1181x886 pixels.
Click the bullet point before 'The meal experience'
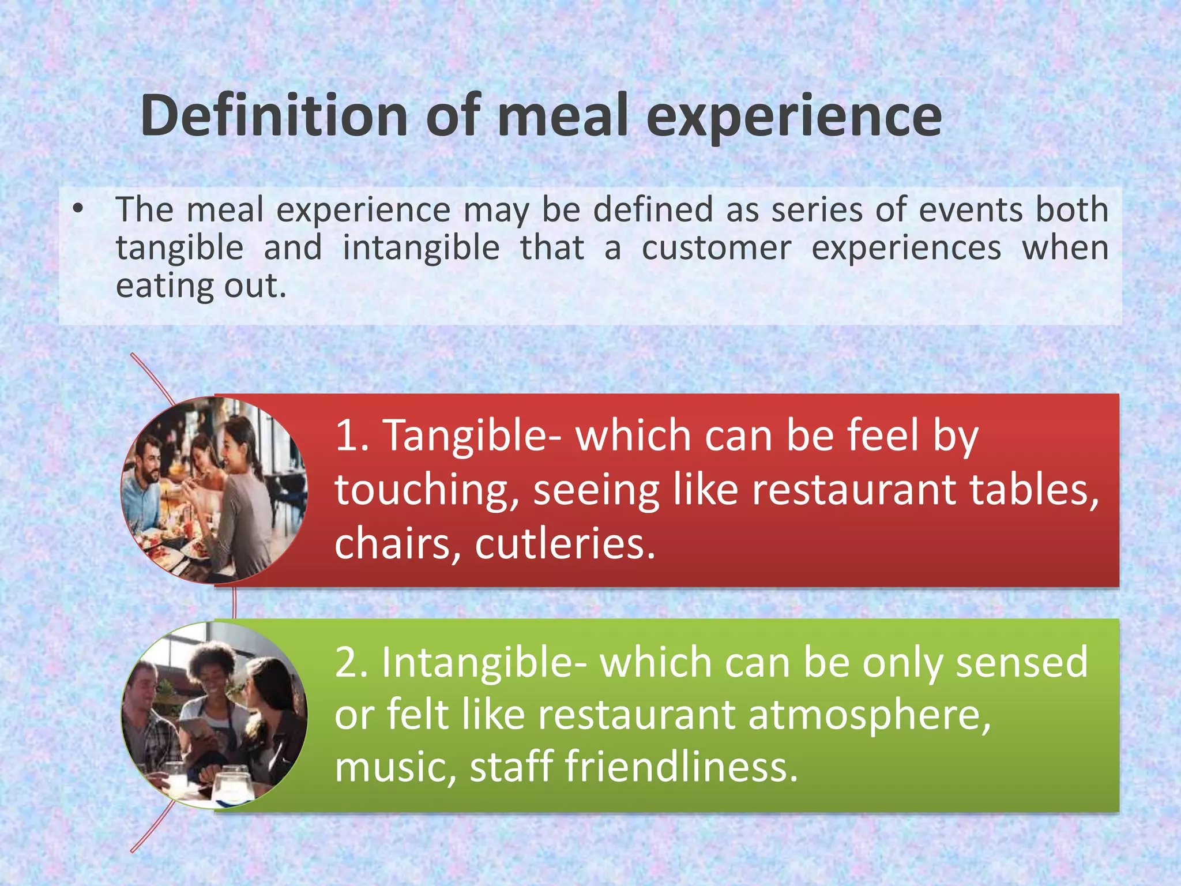79,209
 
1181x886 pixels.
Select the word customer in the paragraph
716,248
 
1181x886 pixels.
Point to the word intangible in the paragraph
421,248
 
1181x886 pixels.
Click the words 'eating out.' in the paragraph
201,286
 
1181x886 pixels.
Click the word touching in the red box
423,491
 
